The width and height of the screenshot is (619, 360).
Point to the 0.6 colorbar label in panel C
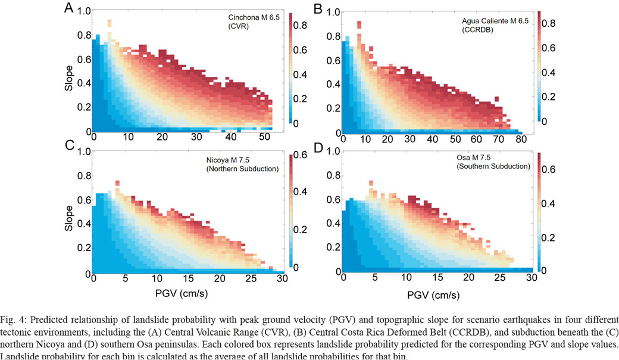302,156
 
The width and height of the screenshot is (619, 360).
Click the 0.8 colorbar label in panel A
301,26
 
